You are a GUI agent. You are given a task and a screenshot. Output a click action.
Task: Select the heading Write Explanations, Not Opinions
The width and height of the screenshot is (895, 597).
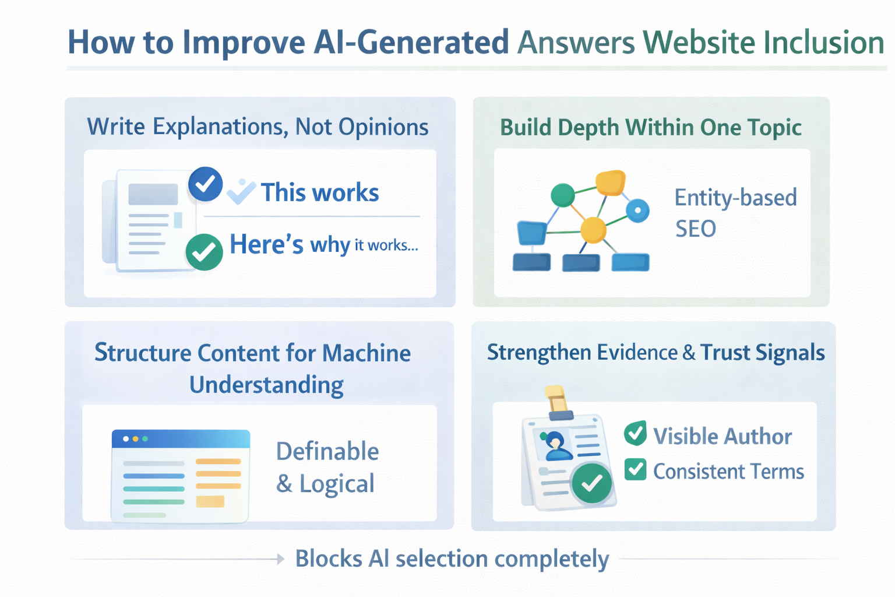(x=258, y=127)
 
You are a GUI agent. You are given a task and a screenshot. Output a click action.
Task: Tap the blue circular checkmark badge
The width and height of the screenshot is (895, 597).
(x=205, y=184)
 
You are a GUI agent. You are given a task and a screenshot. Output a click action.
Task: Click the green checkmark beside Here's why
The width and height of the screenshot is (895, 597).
(x=204, y=252)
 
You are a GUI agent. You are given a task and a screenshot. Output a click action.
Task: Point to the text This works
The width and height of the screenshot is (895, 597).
(x=319, y=192)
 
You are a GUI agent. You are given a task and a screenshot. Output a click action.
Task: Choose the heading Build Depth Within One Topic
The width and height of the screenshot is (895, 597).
(x=650, y=127)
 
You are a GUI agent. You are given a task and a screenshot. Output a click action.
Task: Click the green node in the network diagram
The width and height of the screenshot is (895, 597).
(x=562, y=195)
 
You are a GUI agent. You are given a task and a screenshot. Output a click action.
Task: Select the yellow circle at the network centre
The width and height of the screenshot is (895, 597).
(x=593, y=229)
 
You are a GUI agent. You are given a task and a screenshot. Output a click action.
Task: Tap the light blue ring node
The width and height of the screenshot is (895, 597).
(x=637, y=210)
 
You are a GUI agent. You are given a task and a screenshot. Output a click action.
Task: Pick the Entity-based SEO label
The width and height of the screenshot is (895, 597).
(x=735, y=213)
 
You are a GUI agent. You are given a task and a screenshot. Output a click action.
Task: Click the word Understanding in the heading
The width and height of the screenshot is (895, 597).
(x=266, y=385)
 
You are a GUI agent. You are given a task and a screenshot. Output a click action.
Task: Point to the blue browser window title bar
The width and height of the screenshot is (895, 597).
(x=181, y=438)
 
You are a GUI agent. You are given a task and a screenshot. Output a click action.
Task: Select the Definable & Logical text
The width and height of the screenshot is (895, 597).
(x=326, y=468)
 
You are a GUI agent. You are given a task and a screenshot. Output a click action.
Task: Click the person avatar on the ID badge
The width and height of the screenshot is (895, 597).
(x=556, y=446)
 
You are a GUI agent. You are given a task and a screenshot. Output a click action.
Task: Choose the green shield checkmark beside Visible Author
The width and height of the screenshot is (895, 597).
(x=635, y=434)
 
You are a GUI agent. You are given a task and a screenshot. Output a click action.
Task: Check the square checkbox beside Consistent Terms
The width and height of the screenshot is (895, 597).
(x=635, y=469)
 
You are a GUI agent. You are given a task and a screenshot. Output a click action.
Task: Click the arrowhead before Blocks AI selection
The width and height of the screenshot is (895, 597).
(x=280, y=559)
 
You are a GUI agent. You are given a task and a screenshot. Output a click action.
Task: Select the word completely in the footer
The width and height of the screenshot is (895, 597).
(x=551, y=559)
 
